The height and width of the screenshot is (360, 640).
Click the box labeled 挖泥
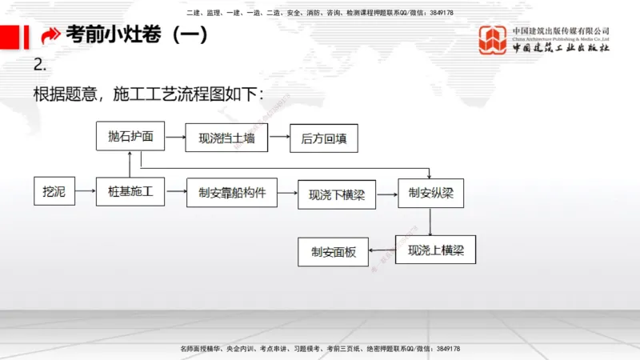coord(54,193)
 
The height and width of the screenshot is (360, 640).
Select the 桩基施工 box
coord(130,193)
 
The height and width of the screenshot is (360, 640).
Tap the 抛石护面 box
coord(130,137)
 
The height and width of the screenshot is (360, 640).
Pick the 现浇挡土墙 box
coord(226,138)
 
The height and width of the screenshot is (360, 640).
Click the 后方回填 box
coord(323,138)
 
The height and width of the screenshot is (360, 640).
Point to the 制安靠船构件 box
coord(231,193)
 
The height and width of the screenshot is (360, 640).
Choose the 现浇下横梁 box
coord(336,194)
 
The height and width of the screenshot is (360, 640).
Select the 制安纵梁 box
coord(430,193)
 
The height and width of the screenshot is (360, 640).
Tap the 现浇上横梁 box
coord(435,250)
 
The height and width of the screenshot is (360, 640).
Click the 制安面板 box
coord(333,252)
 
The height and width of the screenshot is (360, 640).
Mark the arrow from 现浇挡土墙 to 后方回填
coord(278,138)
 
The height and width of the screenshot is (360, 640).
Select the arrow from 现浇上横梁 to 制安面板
coord(382,250)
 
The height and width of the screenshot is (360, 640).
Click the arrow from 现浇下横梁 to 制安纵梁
coord(386,194)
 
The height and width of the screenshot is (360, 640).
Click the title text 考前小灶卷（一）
coord(136,35)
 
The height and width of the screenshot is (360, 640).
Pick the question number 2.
coord(40,65)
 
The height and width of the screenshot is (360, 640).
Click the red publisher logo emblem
coord(493,41)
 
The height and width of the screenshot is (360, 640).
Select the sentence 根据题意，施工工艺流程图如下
coord(148,94)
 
